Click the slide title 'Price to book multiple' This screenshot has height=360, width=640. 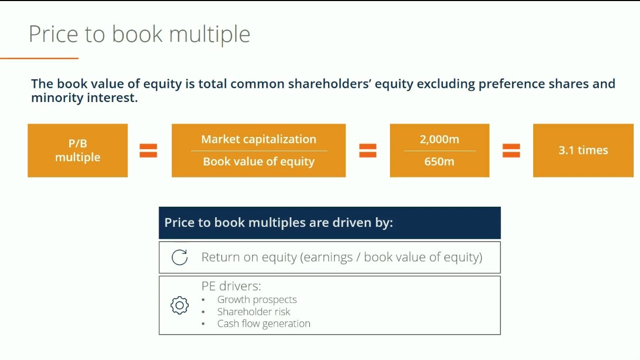[140, 34]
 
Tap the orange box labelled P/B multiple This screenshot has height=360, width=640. [78, 150]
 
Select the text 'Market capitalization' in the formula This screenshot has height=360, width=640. [258, 139]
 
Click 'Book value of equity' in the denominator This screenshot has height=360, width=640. [258, 162]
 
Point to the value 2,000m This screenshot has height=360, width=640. [439, 140]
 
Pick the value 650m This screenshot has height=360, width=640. [439, 162]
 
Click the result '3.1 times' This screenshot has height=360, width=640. [583, 150]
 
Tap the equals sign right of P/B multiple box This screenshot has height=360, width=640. [149, 151]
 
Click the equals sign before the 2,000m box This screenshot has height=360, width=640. [368, 151]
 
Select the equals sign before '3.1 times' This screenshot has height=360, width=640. [511, 151]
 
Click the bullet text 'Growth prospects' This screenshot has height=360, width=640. [257, 299]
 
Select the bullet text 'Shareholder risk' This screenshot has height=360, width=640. [254, 311]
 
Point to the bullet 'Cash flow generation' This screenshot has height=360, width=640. [263, 324]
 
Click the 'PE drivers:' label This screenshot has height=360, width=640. [231, 286]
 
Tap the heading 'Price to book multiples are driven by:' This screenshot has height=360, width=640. [279, 223]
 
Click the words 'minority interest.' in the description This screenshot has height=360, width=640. [85, 98]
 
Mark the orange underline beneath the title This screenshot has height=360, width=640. [39, 58]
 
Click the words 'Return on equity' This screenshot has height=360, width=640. [249, 257]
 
